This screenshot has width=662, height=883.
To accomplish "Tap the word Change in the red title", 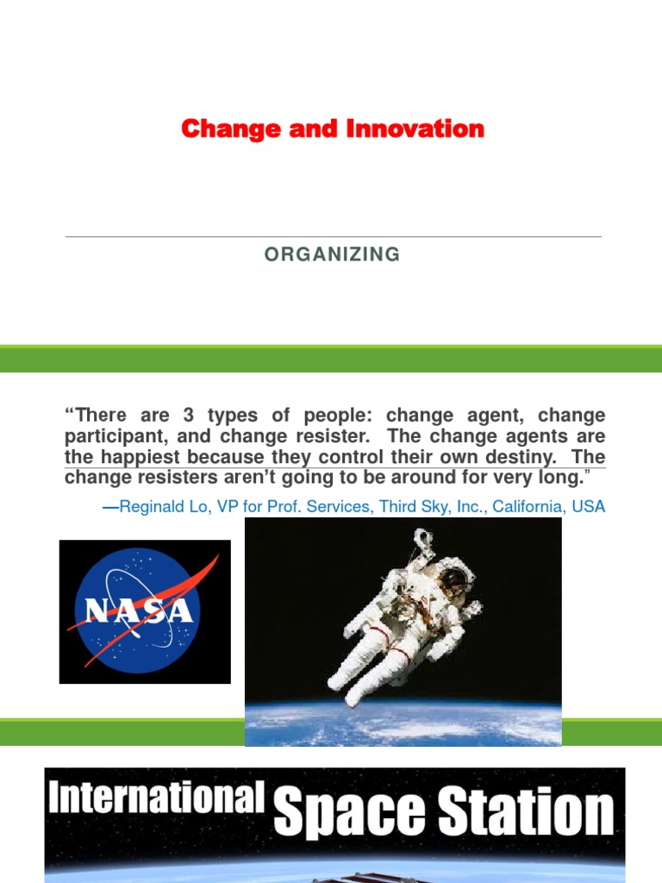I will click(218, 129).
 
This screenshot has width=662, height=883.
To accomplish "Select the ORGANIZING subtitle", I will click(332, 254).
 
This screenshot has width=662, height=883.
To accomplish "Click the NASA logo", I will click(145, 611).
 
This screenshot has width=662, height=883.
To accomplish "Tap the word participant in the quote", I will click(109, 436).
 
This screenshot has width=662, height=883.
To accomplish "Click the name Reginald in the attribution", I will click(152, 507).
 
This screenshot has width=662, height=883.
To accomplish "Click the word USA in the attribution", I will click(590, 507).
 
